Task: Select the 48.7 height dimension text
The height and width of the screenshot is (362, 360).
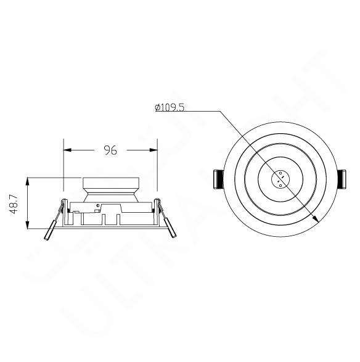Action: [14, 203]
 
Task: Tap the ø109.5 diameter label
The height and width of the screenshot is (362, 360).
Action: [170, 107]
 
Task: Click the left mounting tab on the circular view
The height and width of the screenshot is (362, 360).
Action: [217, 179]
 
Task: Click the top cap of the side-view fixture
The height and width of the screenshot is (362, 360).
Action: [110, 184]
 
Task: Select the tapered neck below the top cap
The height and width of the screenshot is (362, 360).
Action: [110, 196]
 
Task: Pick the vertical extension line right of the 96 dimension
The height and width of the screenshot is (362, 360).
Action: [157, 163]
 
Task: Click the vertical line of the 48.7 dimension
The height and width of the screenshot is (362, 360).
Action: [28, 204]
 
